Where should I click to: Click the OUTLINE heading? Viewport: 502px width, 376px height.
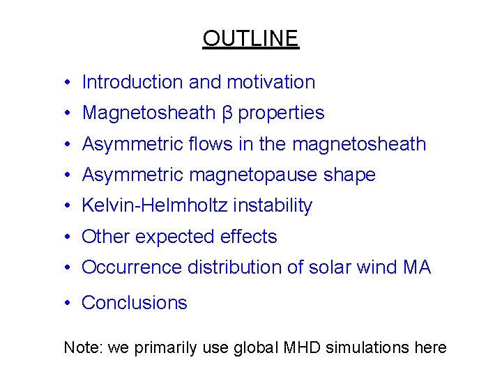250,38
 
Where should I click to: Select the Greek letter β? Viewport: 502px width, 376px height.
227,113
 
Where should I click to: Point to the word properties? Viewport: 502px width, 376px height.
282,113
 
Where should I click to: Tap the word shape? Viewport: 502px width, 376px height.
349,175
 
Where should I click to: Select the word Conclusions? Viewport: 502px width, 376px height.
135,303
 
